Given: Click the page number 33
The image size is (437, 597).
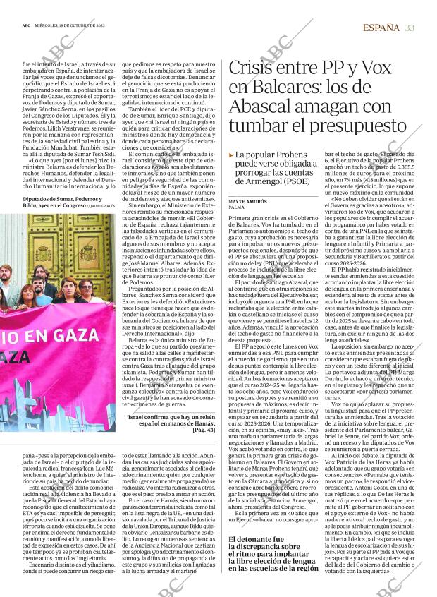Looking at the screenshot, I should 410,28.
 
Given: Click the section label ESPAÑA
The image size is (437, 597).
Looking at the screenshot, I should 381,28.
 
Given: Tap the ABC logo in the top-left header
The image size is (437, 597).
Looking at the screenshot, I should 26,28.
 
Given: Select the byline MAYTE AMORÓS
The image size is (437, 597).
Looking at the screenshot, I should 247,202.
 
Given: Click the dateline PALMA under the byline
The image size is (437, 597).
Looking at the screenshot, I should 237,208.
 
